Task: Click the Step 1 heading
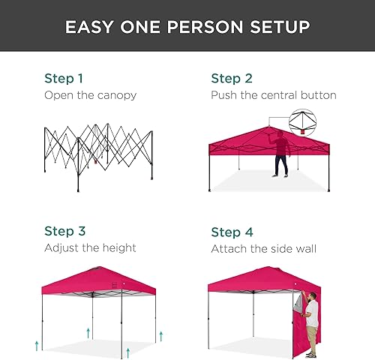(x=64, y=79)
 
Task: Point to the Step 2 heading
(x=231, y=79)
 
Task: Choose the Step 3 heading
(x=64, y=232)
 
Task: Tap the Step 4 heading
(x=231, y=232)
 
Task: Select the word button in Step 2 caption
(x=317, y=95)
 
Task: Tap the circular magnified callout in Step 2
(x=303, y=123)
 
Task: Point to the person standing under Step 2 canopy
(x=280, y=154)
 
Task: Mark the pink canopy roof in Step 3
(x=100, y=280)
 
